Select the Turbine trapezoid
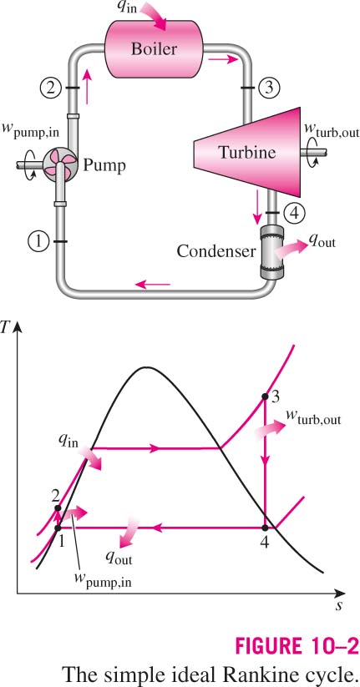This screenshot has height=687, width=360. click(x=247, y=152)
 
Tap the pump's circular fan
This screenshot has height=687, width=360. click(x=58, y=165)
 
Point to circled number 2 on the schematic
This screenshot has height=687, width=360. click(x=51, y=88)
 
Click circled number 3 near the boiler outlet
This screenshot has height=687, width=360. click(x=268, y=88)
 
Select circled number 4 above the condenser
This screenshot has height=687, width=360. click(x=292, y=214)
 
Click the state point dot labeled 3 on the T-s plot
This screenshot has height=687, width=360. click(x=265, y=397)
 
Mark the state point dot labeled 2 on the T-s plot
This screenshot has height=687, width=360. click(x=58, y=508)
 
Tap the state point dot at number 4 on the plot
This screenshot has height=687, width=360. click(x=265, y=528)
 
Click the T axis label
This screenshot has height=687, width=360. click(x=5, y=327)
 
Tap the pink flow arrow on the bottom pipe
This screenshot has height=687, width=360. click(x=152, y=285)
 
